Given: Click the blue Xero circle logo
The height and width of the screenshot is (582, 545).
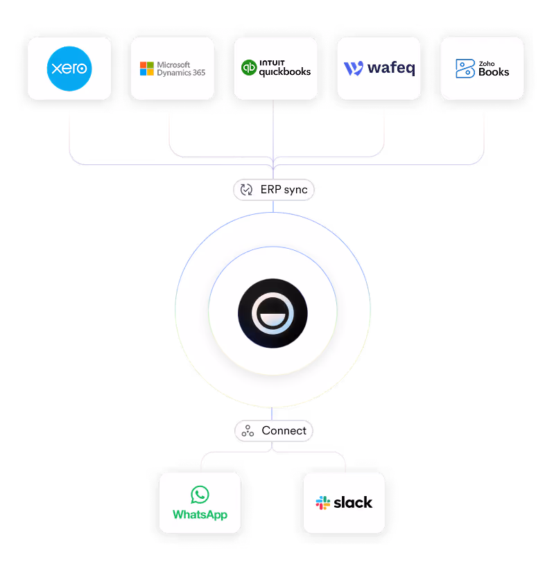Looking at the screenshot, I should pyautogui.click(x=69, y=69).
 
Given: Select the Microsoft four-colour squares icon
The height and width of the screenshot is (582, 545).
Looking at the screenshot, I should pyautogui.click(x=147, y=69).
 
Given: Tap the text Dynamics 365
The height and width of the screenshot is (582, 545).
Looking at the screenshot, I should pyautogui.click(x=181, y=73).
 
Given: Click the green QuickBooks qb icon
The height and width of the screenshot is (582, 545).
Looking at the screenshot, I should pyautogui.click(x=249, y=68).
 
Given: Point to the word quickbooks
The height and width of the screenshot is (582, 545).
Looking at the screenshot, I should pyautogui.click(x=285, y=71).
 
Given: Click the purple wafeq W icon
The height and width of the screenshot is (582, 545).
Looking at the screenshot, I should pyautogui.click(x=354, y=69).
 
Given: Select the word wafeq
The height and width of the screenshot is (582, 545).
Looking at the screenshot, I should pyautogui.click(x=391, y=69).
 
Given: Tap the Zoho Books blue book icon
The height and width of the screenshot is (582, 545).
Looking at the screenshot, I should pyautogui.click(x=465, y=69).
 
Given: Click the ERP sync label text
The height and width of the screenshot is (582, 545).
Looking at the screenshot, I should pyautogui.click(x=284, y=190).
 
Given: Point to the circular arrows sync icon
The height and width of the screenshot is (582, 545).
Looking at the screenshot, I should pyautogui.click(x=246, y=190).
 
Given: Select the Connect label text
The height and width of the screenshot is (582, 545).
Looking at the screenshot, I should pyautogui.click(x=284, y=431).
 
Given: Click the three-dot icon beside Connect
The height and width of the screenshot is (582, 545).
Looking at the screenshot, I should pyautogui.click(x=248, y=431).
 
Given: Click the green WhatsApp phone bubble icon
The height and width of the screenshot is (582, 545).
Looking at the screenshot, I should pyautogui.click(x=200, y=495).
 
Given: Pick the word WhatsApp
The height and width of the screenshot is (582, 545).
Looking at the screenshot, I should pyautogui.click(x=200, y=515).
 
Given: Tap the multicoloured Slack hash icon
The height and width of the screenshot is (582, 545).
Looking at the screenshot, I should pyautogui.click(x=323, y=503).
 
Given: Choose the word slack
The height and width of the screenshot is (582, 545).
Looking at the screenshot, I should pyautogui.click(x=353, y=503).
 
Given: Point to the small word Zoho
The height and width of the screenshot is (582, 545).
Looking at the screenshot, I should pyautogui.click(x=486, y=62).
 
